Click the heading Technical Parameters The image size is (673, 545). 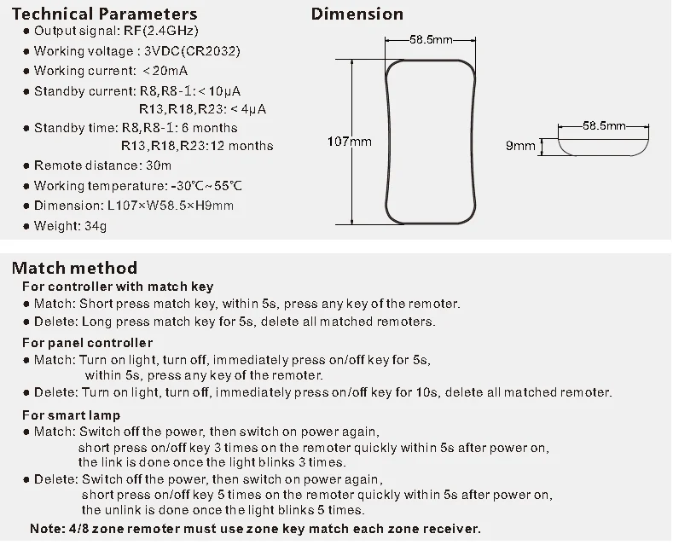[x=104, y=14]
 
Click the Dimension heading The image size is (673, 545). [x=357, y=14]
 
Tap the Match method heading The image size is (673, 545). [x=74, y=268]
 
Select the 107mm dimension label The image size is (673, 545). [x=350, y=142]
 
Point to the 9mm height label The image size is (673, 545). [x=520, y=146]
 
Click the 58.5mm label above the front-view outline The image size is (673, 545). [x=430, y=39]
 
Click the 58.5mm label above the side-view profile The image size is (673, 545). [x=603, y=125]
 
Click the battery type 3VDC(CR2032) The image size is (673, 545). [x=192, y=51]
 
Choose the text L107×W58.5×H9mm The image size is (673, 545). [x=170, y=206]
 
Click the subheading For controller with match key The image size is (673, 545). [x=118, y=287]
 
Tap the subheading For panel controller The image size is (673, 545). [x=88, y=342]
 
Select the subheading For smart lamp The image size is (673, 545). [x=73, y=415]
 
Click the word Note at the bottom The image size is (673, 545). [x=45, y=529]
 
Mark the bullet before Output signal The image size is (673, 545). [x=26, y=32]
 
